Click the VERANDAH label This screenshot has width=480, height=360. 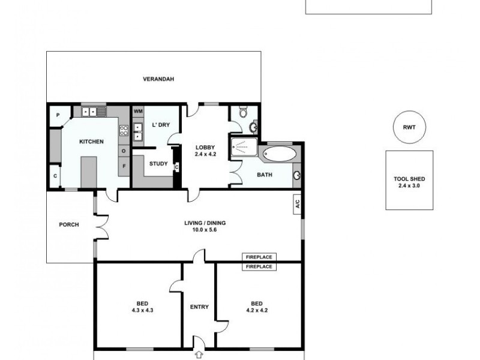tap(158, 79)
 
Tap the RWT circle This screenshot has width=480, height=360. tap(409, 127)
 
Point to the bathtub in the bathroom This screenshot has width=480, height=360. tap(280, 153)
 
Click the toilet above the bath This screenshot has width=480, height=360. tap(242, 113)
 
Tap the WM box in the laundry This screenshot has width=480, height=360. tap(138, 111)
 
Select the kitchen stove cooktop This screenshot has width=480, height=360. tap(124, 130)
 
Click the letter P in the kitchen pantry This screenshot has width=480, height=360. tap(59, 115)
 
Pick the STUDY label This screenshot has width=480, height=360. tap(158, 163)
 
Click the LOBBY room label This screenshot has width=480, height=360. tap(205, 147)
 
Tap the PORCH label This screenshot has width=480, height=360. tap(69, 225)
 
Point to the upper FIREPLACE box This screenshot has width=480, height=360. tap(259, 257)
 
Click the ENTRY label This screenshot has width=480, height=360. tap(199, 307)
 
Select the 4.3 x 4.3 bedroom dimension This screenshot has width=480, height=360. tap(138, 310)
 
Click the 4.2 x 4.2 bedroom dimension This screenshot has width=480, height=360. tap(258, 310)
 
